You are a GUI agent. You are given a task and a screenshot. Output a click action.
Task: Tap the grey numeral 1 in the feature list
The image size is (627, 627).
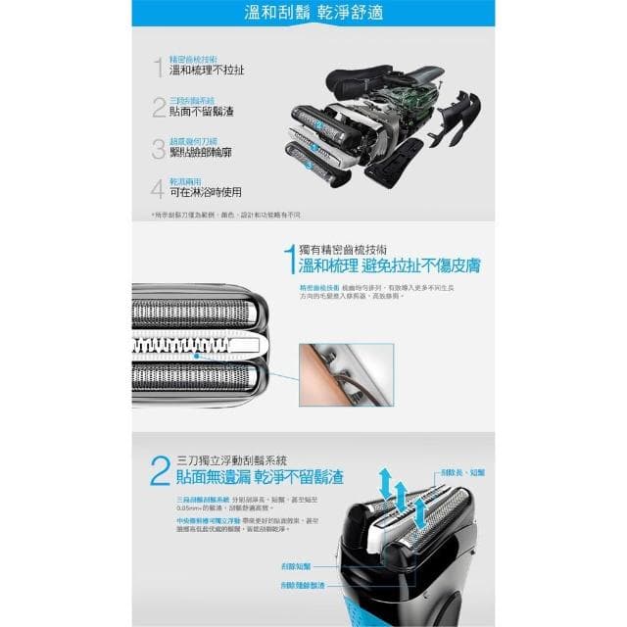158,67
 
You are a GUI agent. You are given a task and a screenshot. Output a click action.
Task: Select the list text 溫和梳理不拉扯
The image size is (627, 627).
207,71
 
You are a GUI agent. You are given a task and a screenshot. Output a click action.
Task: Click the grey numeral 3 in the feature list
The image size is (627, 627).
158,148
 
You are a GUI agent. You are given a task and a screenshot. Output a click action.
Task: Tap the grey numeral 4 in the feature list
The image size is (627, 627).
158,188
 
